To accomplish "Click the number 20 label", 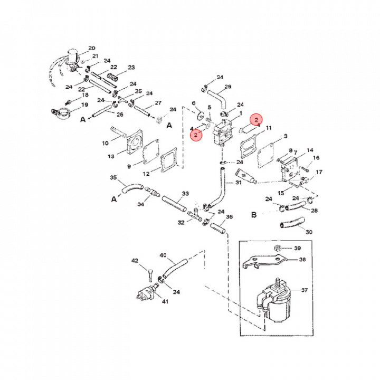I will click(x=92, y=48).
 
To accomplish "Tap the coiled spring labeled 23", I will click(x=112, y=80).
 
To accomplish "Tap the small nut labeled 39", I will click(x=277, y=248).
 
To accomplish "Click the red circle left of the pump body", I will click(x=196, y=135).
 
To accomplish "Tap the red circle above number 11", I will click(x=256, y=120).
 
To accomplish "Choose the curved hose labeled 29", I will click(x=215, y=97).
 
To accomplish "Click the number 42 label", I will click(x=135, y=261).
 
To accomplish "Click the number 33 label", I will click(x=185, y=194).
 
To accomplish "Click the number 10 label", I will click(x=105, y=142).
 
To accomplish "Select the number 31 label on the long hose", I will click(x=239, y=183).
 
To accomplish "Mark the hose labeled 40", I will click(x=176, y=267).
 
